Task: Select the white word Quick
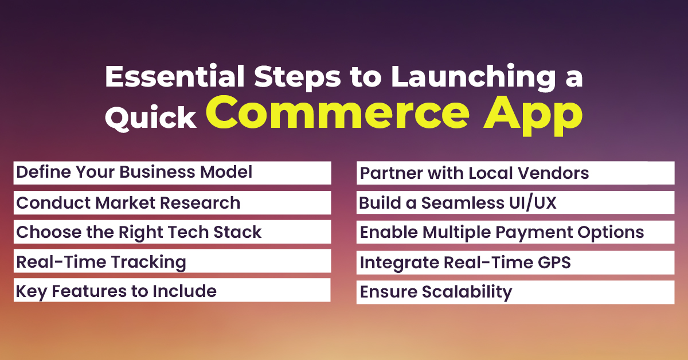[150, 118]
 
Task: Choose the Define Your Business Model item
[134, 172]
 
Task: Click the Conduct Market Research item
[128, 202]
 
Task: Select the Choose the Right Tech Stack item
[139, 232]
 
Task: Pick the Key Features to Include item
[116, 291]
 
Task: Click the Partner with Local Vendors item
[474, 173]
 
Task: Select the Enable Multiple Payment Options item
[502, 232]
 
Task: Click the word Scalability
[466, 292]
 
